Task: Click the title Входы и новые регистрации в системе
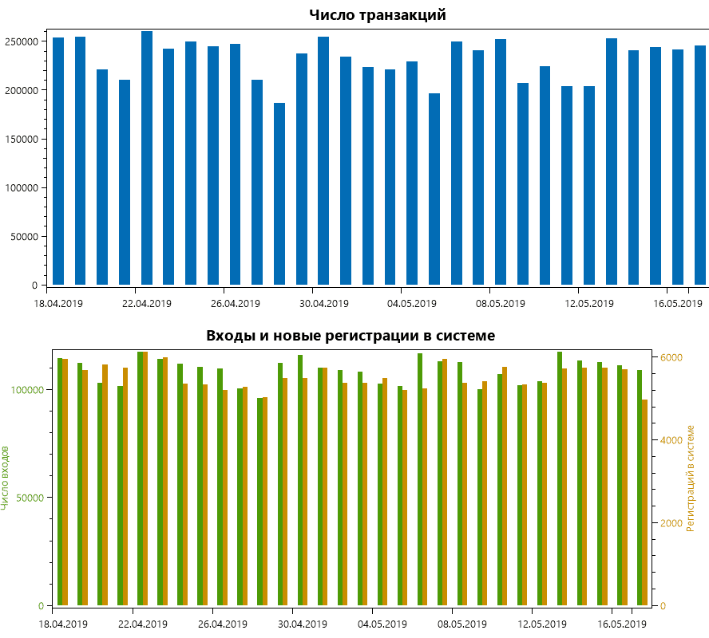tap(351, 336)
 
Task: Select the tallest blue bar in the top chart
tap(147, 158)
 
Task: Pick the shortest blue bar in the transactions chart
tap(279, 194)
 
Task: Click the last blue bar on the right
tap(700, 165)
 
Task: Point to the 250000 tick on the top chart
tap(26, 41)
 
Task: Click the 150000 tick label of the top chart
tap(26, 139)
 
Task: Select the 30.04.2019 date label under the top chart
tap(323, 304)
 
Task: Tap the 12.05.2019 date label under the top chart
tap(588, 304)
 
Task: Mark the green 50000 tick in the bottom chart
tap(34, 497)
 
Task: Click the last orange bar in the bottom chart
tap(644, 502)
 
